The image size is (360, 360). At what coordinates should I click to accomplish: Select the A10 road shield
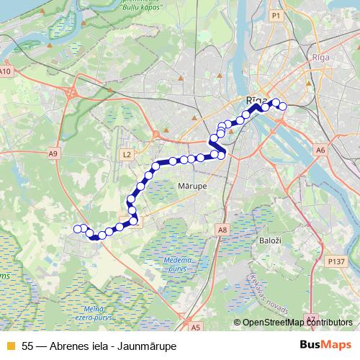[x=6, y=71]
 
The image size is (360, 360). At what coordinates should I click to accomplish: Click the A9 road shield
[x=53, y=154]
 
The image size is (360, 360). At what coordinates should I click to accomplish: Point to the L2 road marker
[x=127, y=154]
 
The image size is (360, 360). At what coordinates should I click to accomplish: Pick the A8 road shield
[x=222, y=230]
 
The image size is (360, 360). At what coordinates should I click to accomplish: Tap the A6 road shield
[x=320, y=150]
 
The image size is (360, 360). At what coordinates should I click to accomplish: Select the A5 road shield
[x=197, y=327]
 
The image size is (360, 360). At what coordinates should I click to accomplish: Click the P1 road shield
[x=276, y=14]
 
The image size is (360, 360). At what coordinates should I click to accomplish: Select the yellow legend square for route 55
[x=10, y=346]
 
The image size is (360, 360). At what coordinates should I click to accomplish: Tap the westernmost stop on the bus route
[x=78, y=229]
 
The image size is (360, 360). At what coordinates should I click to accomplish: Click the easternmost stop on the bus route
[x=282, y=106]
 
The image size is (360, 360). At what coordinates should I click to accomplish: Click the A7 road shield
[x=311, y=318]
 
